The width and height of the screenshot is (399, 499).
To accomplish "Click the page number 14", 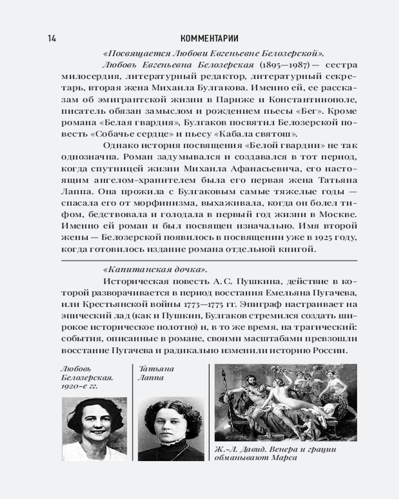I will pos(52,39).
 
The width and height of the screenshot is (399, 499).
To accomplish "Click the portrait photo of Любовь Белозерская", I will pos(94,429).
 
